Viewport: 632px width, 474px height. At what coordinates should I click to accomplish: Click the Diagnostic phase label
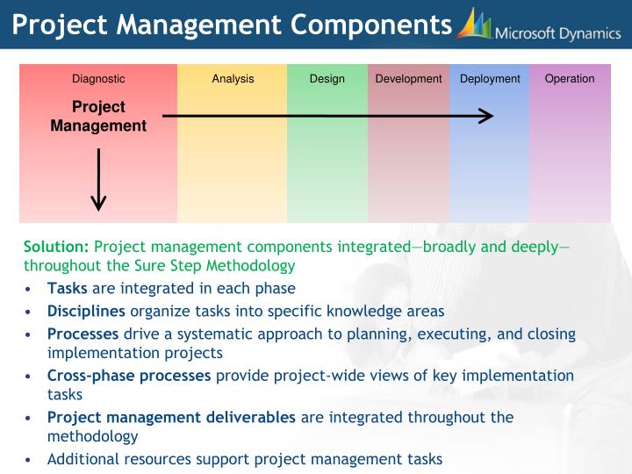pos(98,79)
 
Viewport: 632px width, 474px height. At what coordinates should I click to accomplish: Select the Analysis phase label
pos(233,79)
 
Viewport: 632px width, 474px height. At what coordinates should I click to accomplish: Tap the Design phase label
pos(327,79)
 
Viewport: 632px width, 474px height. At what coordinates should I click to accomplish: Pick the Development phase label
pos(408,79)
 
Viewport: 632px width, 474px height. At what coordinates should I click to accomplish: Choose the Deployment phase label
pos(490,79)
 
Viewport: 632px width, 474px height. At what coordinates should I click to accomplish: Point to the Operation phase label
pos(570,79)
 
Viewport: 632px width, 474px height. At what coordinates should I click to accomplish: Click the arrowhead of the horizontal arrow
pos(486,116)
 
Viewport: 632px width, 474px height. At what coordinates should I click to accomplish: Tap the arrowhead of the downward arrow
pos(98,203)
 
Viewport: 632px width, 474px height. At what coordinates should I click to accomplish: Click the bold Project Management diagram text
pos(98,116)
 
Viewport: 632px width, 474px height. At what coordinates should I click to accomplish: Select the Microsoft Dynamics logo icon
pos(473,25)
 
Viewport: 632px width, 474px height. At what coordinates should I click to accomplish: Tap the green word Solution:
pos(56,247)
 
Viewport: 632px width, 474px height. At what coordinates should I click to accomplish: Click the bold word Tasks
pos(68,288)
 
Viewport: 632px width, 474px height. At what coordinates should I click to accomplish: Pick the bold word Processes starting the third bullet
pos(83,334)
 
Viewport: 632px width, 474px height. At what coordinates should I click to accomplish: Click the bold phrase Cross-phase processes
pos(129,376)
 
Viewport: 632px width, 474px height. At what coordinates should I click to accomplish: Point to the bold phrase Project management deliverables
pos(172,417)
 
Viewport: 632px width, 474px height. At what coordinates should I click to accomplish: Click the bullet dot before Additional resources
pos(30,459)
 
